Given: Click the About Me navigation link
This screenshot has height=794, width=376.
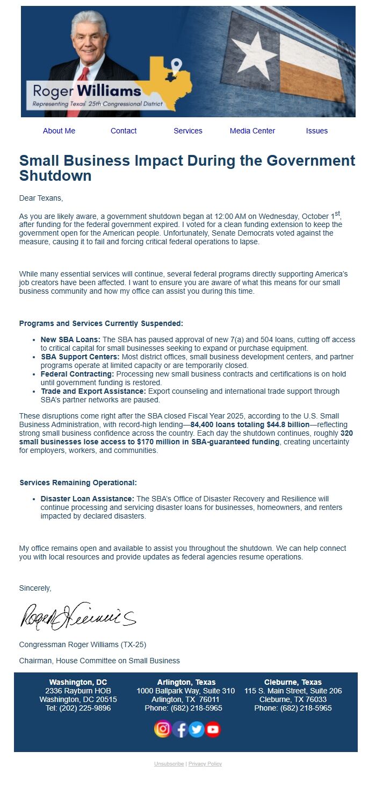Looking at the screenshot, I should (x=59, y=131).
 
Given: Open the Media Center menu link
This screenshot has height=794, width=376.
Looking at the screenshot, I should (x=252, y=131).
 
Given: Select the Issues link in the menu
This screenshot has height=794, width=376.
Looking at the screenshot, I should (x=317, y=131).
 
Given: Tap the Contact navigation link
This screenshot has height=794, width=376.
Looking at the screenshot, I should (x=124, y=131).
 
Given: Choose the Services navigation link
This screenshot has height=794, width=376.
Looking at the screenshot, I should (x=188, y=131).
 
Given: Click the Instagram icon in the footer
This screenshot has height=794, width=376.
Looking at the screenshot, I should (x=163, y=729).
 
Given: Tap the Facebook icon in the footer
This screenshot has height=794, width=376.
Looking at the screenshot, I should (x=180, y=729).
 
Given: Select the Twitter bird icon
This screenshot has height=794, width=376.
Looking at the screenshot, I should (x=197, y=729).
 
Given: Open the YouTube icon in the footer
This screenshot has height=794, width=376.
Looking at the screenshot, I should (x=213, y=729).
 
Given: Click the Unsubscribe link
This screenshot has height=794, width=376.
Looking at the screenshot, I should (x=169, y=764).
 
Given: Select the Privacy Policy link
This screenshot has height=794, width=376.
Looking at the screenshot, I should (x=205, y=764).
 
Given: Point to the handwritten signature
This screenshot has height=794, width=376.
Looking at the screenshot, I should (x=78, y=616).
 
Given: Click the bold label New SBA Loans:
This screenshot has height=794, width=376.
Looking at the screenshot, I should (x=70, y=340).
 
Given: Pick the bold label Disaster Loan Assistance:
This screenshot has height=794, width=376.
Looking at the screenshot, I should (x=88, y=499).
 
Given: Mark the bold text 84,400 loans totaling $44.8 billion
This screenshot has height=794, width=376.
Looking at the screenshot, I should (x=250, y=424).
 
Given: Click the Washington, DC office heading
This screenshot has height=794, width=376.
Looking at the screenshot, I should (x=78, y=682).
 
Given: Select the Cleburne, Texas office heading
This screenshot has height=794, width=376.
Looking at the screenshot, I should (x=293, y=682).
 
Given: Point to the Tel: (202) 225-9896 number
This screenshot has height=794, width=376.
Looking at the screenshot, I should (x=78, y=708).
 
